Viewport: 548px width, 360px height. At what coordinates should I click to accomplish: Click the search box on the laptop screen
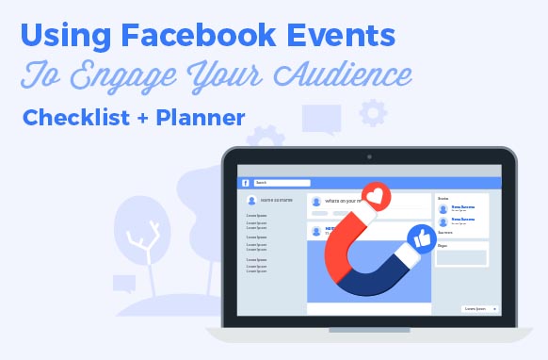tap(282, 183)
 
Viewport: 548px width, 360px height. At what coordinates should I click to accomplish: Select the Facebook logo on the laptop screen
tap(245, 183)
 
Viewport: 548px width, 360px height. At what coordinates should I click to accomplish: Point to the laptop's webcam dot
tap(368, 156)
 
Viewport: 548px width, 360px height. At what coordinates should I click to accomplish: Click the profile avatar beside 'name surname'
tap(251, 201)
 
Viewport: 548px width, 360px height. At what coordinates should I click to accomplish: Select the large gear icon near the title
tap(373, 114)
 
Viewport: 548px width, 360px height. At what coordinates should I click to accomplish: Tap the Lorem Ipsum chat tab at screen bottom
tap(475, 308)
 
